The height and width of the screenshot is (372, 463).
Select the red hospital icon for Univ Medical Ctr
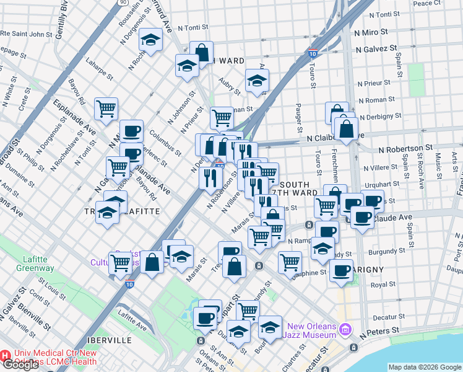(x=5, y=356)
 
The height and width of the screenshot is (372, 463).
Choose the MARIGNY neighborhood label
(x=366, y=270)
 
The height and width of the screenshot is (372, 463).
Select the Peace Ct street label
(x=427, y=3)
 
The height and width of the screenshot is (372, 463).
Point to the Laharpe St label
(x=100, y=69)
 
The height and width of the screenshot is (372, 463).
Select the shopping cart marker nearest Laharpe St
(x=106, y=109)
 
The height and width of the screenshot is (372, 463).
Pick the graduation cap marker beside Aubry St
(x=257, y=81)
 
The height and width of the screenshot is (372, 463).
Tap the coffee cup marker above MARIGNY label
(x=341, y=270)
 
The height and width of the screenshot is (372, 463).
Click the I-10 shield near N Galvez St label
(x=314, y=55)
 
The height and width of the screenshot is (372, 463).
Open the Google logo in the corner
(x=20, y=365)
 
